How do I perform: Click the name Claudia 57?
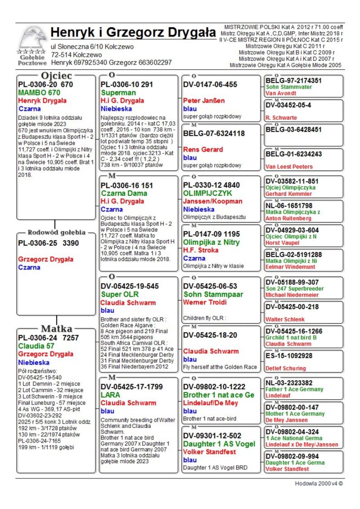36,346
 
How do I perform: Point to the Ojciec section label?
57,75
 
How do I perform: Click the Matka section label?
57,328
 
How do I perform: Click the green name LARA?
110,395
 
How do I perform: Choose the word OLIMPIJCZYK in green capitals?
206,193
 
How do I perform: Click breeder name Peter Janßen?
204,100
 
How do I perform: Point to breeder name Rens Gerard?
203,149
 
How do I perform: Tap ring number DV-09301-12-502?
212,436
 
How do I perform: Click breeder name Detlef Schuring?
286,368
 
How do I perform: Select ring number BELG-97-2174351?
294,81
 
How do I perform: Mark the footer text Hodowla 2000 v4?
316,484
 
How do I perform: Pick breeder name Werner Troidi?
205,302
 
